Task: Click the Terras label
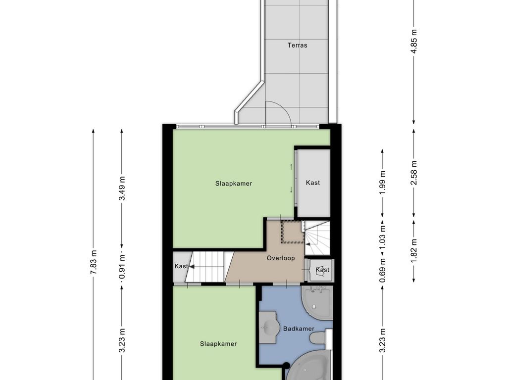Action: click(298, 45)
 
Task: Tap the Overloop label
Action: click(281, 258)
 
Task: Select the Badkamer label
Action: click(299, 329)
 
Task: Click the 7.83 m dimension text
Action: click(94, 262)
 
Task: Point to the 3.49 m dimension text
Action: click(122, 188)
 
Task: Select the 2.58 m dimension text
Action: click(414, 173)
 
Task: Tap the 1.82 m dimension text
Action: click(414, 251)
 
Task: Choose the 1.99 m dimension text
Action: click(383, 183)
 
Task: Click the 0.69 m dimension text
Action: click(383, 270)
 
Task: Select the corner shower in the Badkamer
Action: click(316, 301)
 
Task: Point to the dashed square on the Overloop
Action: click(292, 232)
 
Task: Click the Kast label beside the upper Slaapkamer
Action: click(313, 183)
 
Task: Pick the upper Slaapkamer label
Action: click(234, 184)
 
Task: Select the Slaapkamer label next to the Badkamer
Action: click(218, 344)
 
